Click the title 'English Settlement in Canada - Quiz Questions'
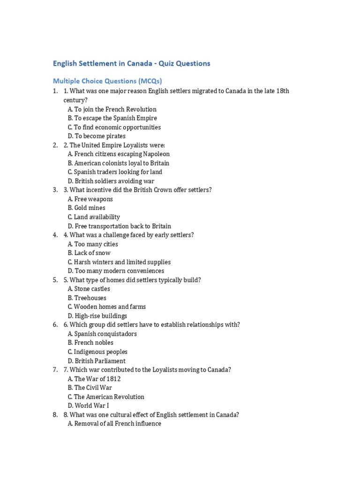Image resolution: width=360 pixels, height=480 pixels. click(x=131, y=63)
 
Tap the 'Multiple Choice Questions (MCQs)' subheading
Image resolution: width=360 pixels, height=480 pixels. click(x=107, y=81)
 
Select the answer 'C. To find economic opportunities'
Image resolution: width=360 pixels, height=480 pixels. click(x=114, y=127)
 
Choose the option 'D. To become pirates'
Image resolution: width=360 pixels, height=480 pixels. click(x=97, y=136)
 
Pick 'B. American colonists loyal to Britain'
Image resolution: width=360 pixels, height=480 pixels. click(x=118, y=163)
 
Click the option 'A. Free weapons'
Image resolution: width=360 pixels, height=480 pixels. click(x=90, y=199)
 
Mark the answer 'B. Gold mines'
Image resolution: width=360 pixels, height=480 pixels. click(x=86, y=208)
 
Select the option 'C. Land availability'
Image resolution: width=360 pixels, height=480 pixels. click(x=94, y=217)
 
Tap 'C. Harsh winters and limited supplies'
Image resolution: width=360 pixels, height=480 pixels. click(x=119, y=262)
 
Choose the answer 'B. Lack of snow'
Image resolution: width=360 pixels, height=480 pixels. click(x=89, y=253)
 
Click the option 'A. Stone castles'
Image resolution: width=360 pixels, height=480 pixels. click(x=89, y=289)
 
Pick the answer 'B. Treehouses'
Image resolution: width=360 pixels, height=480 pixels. click(x=87, y=298)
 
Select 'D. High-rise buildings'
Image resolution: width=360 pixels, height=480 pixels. click(x=97, y=316)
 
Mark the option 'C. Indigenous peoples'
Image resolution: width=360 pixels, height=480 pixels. click(x=97, y=352)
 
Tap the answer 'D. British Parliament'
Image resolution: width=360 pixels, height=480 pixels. click(x=97, y=361)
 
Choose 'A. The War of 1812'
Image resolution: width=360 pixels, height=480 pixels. click(x=94, y=379)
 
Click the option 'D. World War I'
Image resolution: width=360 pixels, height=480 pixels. click(x=88, y=405)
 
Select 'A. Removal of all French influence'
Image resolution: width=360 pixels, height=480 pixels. click(x=114, y=424)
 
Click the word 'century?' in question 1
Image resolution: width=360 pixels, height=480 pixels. click(x=76, y=100)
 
